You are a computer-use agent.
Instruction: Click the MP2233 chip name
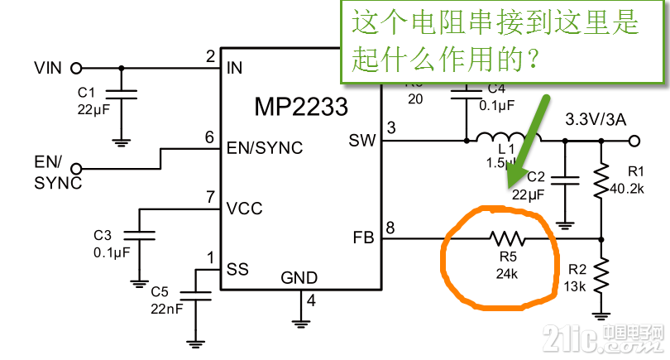tap(300, 107)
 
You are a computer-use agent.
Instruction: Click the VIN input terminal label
tap(48, 67)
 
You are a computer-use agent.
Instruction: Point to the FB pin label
tap(363, 238)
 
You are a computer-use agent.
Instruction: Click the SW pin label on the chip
tap(361, 141)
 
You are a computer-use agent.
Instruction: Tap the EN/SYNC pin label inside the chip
tap(265, 149)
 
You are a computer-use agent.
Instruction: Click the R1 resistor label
tap(636, 171)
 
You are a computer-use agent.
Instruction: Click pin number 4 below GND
tap(311, 300)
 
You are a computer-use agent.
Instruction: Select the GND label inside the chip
tap(299, 277)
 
